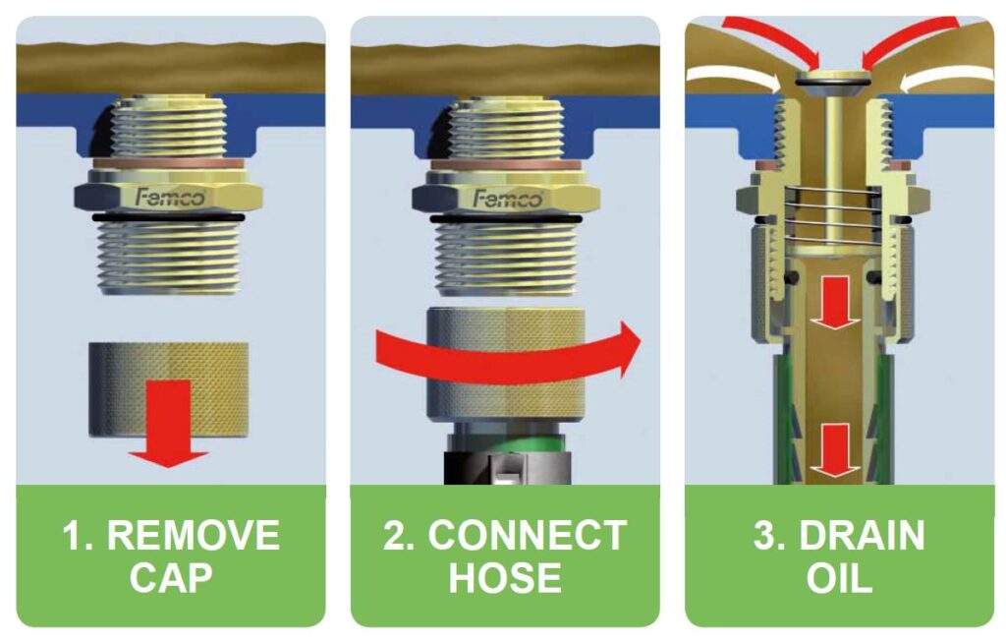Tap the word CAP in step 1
coord(170,577)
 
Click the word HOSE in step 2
coord(505,577)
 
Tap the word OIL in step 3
coord(839,577)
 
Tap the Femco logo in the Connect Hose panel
coord(507,198)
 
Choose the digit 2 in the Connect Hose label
coord(398,536)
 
